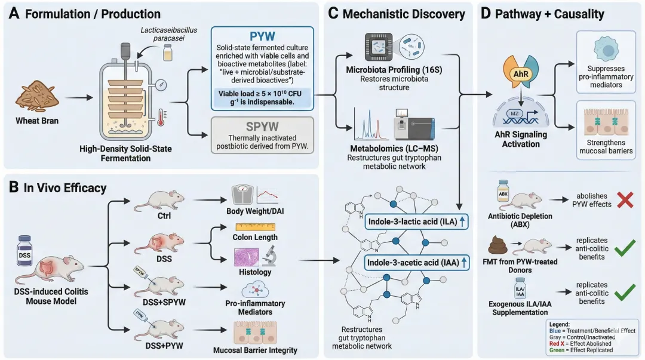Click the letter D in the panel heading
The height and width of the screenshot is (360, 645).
487,14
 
